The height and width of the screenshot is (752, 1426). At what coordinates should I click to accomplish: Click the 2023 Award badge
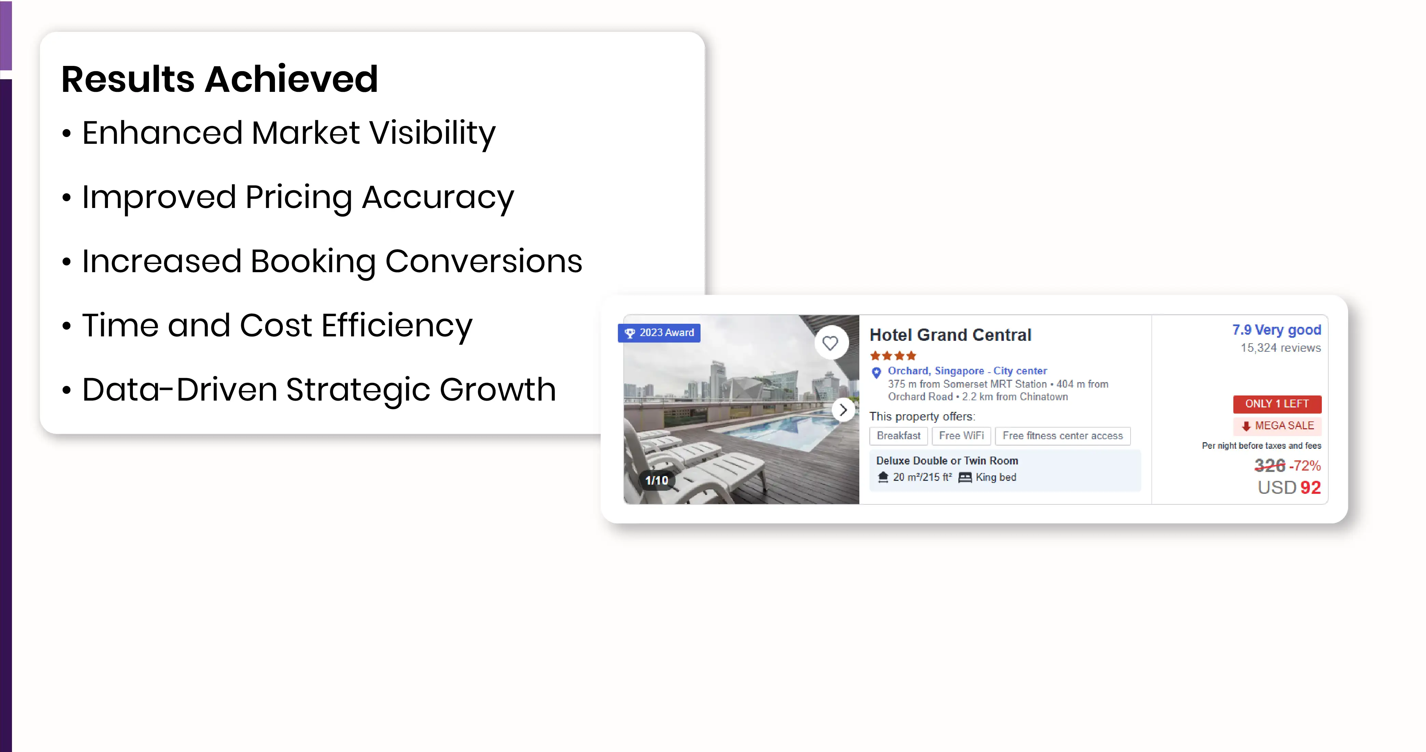659,333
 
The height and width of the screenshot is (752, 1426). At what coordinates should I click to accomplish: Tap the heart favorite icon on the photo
830,343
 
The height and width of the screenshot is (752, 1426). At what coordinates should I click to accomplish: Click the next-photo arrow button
843,410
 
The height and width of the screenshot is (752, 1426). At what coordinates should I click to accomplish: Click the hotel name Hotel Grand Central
951,335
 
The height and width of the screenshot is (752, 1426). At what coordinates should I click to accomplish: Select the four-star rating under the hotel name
893,356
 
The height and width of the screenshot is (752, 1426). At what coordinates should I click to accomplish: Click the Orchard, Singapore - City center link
967,371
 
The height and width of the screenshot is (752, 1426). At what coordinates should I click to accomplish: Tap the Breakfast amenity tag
898,435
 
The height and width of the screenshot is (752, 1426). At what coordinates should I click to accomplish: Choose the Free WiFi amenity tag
961,435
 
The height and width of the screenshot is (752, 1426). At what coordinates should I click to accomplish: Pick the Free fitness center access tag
1063,435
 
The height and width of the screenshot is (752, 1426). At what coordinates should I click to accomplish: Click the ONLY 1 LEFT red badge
1277,404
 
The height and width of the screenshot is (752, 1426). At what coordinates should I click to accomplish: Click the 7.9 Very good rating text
1276,330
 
